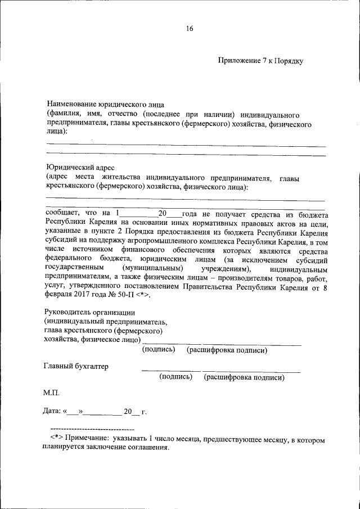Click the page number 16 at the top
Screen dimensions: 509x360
[x=190, y=29]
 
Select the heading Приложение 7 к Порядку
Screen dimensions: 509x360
[x=261, y=61]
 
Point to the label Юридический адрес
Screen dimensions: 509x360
[x=80, y=167]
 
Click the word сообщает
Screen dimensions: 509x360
[x=61, y=214]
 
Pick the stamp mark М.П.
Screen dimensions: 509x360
[x=51, y=391]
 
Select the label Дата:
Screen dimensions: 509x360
[x=52, y=412]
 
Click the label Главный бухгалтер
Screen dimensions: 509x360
[x=76, y=366]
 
